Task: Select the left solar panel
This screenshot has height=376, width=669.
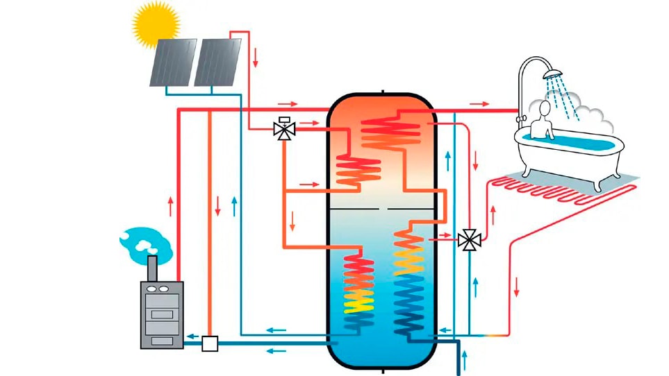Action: [172, 63]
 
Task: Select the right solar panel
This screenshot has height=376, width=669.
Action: [217, 62]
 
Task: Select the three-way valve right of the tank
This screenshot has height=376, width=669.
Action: [470, 240]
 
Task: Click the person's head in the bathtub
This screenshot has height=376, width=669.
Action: [545, 110]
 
